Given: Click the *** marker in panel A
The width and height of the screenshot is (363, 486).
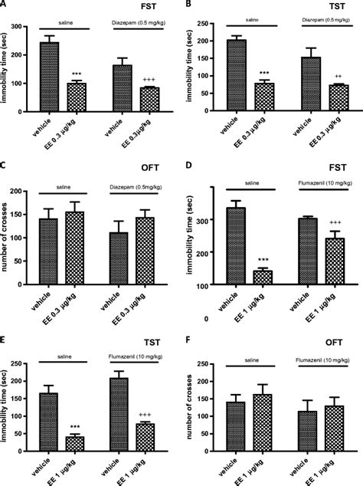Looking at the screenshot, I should (x=77, y=74).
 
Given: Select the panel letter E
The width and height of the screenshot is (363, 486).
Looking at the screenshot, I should (x=5, y=342).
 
